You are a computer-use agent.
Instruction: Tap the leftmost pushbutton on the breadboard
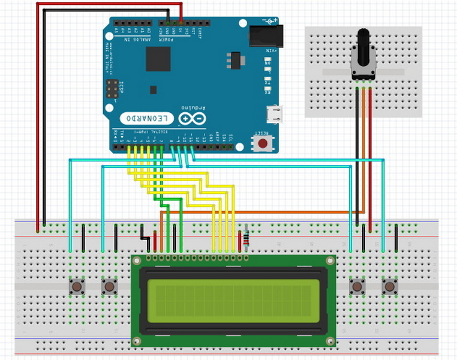(x=77, y=286)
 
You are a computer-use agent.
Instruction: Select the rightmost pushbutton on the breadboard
(x=390, y=286)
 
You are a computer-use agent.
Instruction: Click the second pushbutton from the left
(x=109, y=286)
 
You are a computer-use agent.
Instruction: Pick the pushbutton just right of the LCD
(x=357, y=286)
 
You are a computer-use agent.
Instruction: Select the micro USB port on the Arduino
(x=276, y=112)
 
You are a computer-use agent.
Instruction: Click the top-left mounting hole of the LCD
(x=137, y=260)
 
